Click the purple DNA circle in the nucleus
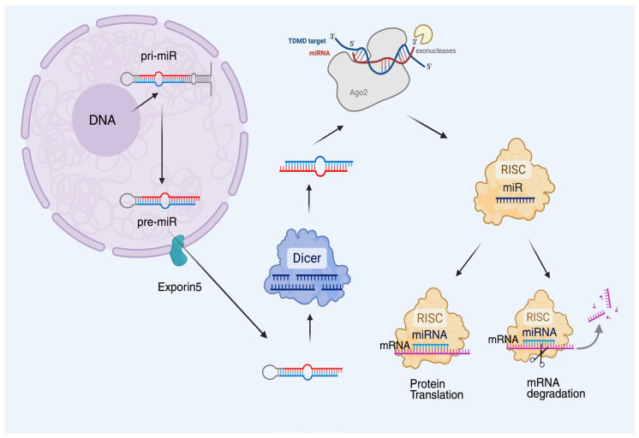coord(106,120)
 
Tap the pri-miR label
coord(159,56)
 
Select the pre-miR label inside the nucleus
coord(157,222)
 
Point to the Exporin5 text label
coord(180,287)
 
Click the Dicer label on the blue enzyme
coord(307,258)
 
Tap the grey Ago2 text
coord(359,92)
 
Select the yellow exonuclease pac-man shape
coord(424,34)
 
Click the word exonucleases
coord(436,50)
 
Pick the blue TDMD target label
coord(307,41)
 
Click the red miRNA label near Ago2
coord(319,53)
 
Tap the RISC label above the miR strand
coord(513,169)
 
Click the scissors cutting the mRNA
coord(538,354)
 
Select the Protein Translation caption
coord(437,389)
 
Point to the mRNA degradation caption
coord(556,388)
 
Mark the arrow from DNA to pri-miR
coord(145,102)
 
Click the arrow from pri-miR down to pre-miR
coord(162,145)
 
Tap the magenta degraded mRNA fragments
coord(603,306)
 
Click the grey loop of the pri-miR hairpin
coord(126,79)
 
